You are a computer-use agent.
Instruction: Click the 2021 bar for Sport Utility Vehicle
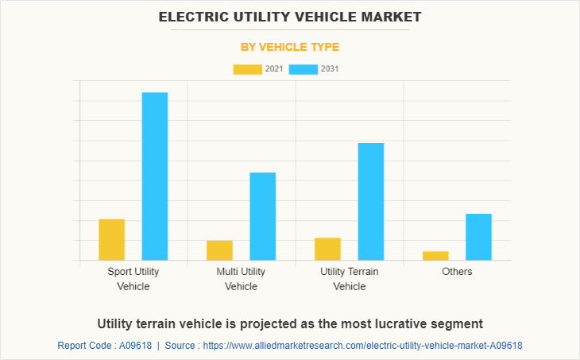(x=111, y=239)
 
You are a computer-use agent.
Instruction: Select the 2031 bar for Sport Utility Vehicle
(x=155, y=176)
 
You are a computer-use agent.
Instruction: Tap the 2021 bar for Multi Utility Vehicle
(x=219, y=250)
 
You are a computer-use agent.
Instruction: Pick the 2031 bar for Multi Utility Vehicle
(x=263, y=216)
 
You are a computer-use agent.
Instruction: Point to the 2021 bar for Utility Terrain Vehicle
(x=327, y=249)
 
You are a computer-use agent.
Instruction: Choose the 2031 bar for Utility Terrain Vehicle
(x=371, y=202)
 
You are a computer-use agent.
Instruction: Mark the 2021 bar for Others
(x=435, y=255)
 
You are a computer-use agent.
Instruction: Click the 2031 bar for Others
(x=478, y=237)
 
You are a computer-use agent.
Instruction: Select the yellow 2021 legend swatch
(x=247, y=69)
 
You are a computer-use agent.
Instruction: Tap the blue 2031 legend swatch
(x=303, y=69)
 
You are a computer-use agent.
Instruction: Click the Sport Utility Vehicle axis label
(x=133, y=279)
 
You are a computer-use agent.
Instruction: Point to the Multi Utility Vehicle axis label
(x=242, y=279)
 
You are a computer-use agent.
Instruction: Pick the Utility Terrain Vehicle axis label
(x=350, y=279)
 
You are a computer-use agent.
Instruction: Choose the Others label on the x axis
(x=457, y=272)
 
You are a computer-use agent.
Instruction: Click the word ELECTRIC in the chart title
(x=189, y=16)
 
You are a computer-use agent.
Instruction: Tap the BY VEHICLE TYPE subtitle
(x=290, y=47)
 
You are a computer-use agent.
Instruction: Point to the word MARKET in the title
(x=391, y=16)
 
